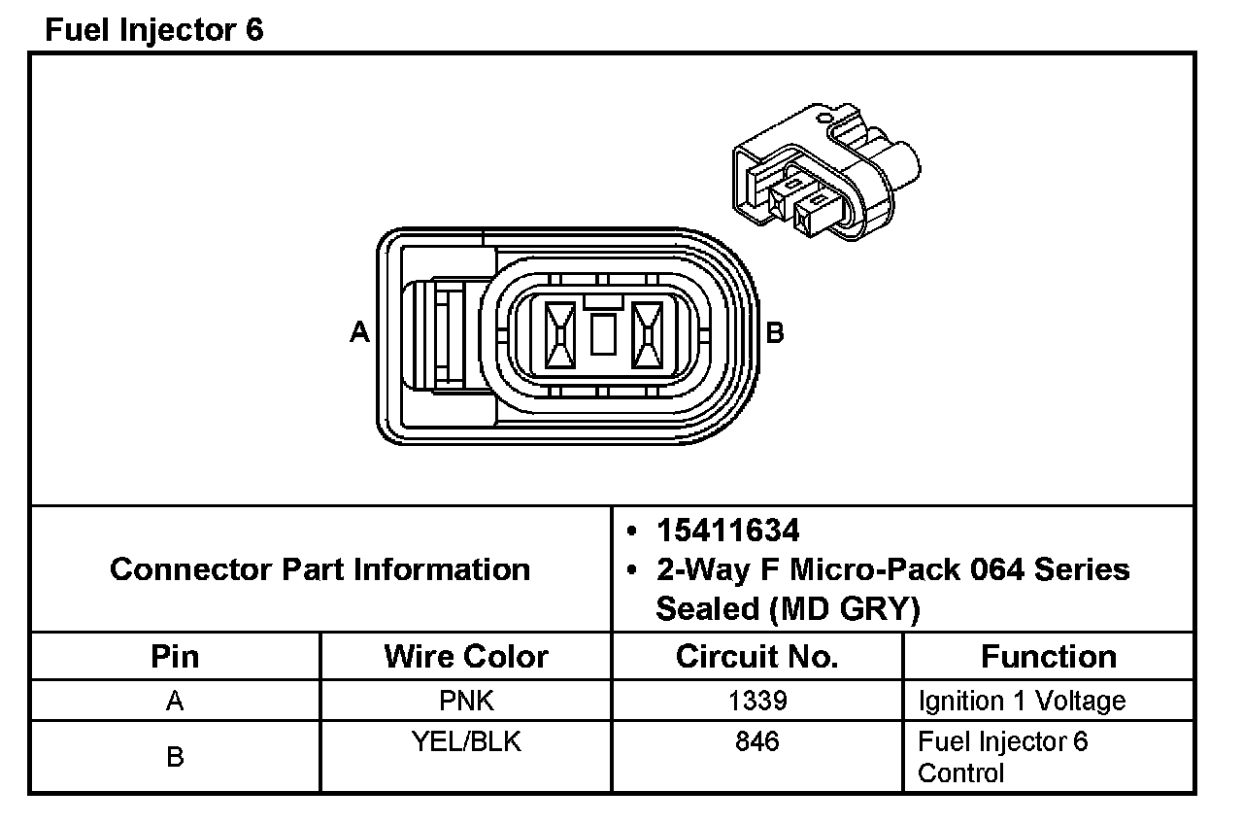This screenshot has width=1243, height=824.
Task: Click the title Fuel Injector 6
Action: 153,30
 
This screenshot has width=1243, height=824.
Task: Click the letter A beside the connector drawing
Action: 359,332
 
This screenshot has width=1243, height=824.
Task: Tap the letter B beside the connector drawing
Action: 775,332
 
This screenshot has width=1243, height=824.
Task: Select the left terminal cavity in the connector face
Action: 559,335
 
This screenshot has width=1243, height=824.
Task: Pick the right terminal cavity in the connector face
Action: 647,335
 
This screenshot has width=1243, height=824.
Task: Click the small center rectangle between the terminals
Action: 603,333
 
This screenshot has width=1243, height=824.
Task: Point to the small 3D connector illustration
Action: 825,171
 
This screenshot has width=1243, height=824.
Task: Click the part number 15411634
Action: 728,531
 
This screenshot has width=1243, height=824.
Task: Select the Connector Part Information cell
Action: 320,569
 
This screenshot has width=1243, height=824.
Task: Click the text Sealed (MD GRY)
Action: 788,608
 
